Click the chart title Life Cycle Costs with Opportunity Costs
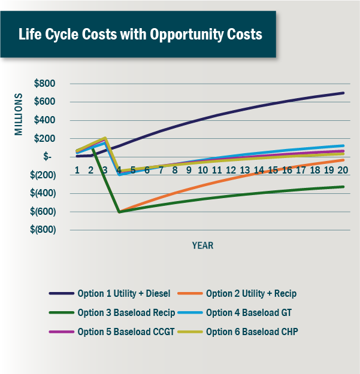point(140,34)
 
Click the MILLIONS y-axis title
point(19,114)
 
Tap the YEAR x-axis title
point(202,245)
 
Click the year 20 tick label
point(341,171)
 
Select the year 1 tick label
point(77,171)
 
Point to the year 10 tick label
point(202,171)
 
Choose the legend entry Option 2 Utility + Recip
point(251,294)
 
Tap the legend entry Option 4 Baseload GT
point(246,312)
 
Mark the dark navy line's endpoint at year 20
point(343,93)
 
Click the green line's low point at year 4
point(119,212)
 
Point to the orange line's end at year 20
point(343,160)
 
